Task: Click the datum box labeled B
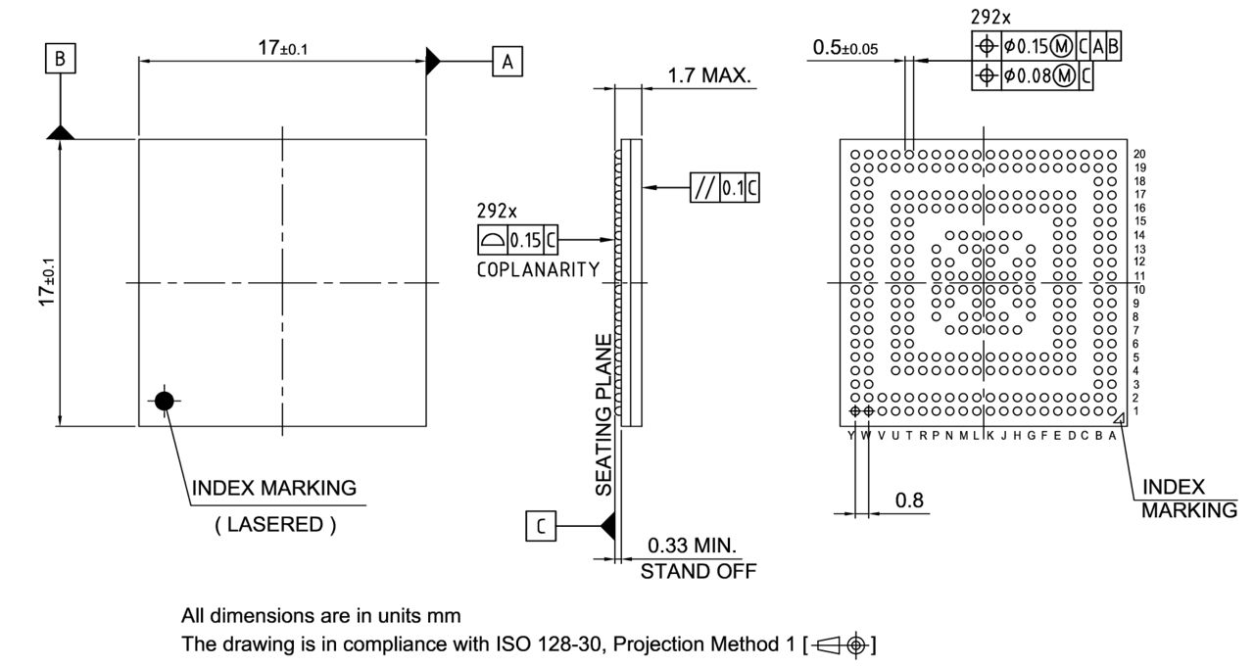pos(61,60)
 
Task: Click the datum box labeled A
pos(506,62)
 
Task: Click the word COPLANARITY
pos(538,270)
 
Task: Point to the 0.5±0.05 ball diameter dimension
pos(845,48)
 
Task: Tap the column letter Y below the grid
pos(850,436)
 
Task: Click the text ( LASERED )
pos(275,525)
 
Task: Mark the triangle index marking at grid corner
pos(1119,417)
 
